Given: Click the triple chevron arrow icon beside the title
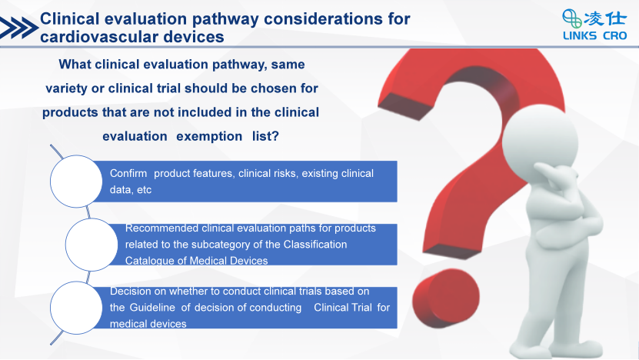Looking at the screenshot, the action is coord(19,28).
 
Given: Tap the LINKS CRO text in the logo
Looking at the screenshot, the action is coord(594,36).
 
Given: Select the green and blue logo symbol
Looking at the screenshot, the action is coord(572,18).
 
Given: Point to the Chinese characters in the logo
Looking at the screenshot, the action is coord(605,18).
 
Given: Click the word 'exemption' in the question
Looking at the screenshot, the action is coord(209,136).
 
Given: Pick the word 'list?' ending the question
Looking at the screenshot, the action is coord(265,135).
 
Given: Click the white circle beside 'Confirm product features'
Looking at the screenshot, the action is coord(76,181).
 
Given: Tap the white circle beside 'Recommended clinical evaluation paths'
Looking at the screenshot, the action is coord(92,244).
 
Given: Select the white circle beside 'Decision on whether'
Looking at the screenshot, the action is coord(76,308).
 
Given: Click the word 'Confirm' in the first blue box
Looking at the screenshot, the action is coord(128,173).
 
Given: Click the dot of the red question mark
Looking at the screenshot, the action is coord(446,298).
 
